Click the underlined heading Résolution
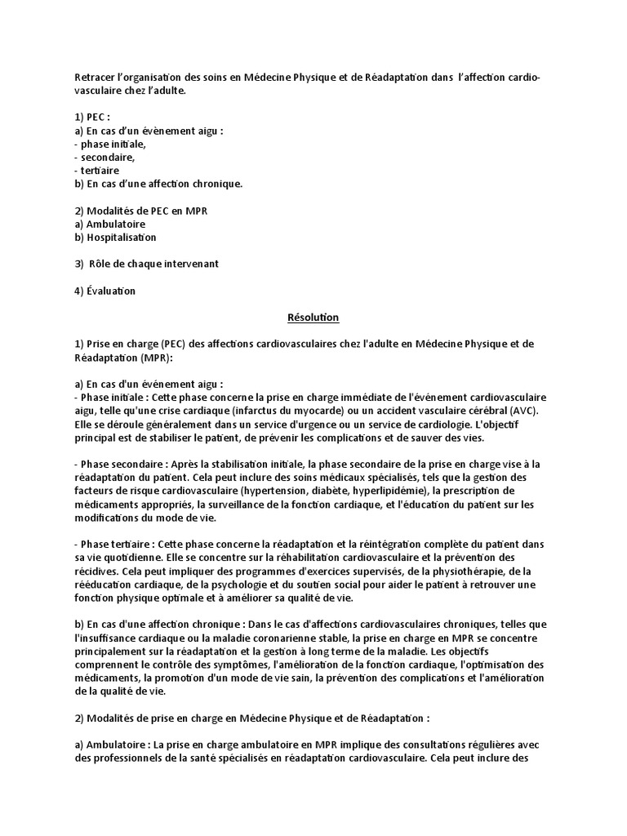[x=313, y=316]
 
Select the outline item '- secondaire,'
[x=104, y=157]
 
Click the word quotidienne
[x=136, y=557]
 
